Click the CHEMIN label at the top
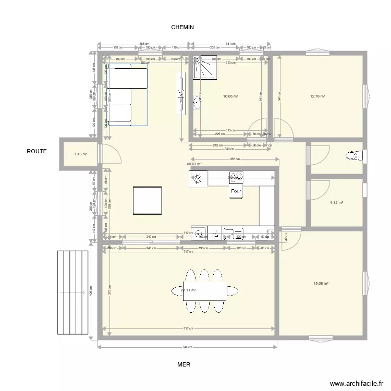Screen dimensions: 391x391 pyautogui.click(x=182, y=27)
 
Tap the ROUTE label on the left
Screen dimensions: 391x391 pyautogui.click(x=37, y=152)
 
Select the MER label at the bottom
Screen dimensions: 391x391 pyautogui.click(x=184, y=365)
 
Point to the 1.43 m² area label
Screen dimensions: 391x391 pyautogui.click(x=80, y=154)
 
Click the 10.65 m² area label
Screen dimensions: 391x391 pyautogui.click(x=230, y=96)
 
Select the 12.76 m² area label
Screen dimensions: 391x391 pyautogui.click(x=317, y=96)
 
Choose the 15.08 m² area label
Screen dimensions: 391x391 pyautogui.click(x=321, y=284)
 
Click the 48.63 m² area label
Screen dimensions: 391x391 pyautogui.click(x=194, y=164)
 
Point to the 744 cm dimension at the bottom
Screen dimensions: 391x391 pyautogui.click(x=187, y=347)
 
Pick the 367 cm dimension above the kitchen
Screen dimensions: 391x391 pyautogui.click(x=234, y=159)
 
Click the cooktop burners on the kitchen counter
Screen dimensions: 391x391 pyautogui.click(x=236, y=178)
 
